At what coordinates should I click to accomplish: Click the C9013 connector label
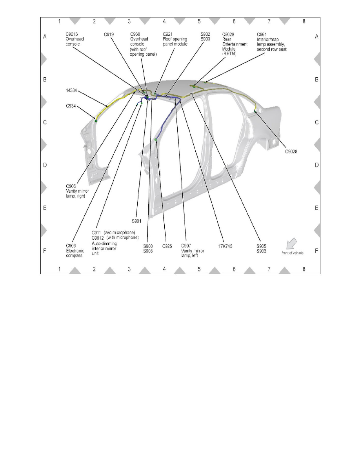[x=72, y=35]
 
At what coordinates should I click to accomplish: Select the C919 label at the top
[x=109, y=35]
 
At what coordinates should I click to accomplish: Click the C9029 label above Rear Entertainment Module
[x=228, y=35]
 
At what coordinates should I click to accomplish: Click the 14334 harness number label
[x=72, y=91]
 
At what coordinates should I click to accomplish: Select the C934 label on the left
[x=72, y=106]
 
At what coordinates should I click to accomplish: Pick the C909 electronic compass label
[x=72, y=246]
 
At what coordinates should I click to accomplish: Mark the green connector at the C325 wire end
[x=156, y=140]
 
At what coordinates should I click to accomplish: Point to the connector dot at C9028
[x=255, y=111]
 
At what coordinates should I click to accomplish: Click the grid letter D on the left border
[x=45, y=165]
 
